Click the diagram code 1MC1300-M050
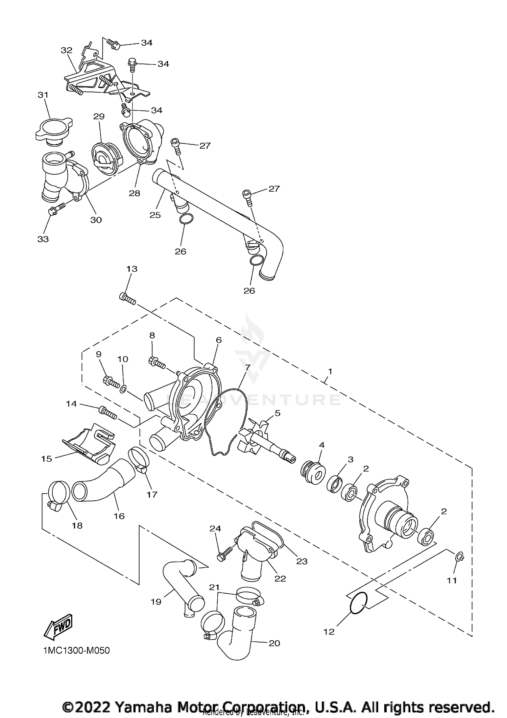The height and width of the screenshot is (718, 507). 76,650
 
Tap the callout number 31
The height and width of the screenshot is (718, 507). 43,95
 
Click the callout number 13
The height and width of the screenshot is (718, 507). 132,269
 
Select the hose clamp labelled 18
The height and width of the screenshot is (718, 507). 59,494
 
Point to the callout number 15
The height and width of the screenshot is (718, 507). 47,459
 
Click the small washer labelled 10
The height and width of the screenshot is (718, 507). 124,390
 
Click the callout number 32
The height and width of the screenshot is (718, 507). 67,50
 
